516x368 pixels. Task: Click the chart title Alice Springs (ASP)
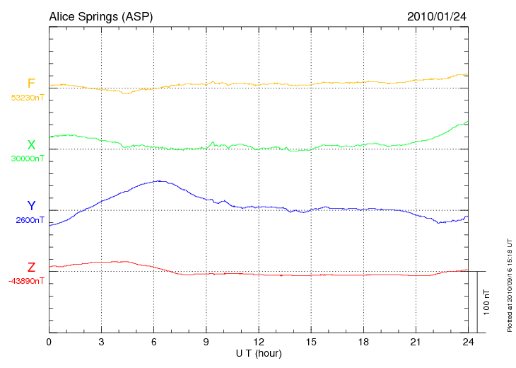100,16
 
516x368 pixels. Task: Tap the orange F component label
30,84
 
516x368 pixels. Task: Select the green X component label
30,145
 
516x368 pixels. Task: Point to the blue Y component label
30,206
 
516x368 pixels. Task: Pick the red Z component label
30,267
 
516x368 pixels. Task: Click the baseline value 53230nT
27,98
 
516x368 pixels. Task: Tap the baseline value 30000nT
27,159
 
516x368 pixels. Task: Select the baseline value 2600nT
30,220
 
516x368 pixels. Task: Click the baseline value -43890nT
27,281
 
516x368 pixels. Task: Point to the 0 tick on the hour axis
49,342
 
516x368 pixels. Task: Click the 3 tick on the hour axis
101,342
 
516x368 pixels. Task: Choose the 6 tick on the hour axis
154,342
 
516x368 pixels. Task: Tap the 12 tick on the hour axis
259,342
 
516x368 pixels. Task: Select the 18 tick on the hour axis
363,342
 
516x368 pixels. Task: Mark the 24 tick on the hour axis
468,342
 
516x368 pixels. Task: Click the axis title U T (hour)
258,352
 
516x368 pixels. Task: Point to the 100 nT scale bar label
486,301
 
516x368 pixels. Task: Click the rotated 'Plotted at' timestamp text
509,284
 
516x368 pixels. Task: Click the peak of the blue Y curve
160,180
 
